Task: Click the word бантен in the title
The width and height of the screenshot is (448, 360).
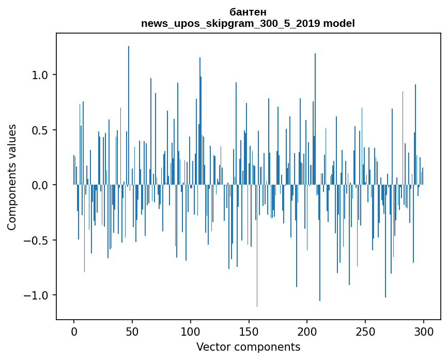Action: (248, 12)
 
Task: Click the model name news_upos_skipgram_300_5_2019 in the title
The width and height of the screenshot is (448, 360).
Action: (228, 23)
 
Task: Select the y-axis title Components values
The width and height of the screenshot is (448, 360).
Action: (12, 177)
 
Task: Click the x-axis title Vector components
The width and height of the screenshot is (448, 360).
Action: (248, 347)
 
